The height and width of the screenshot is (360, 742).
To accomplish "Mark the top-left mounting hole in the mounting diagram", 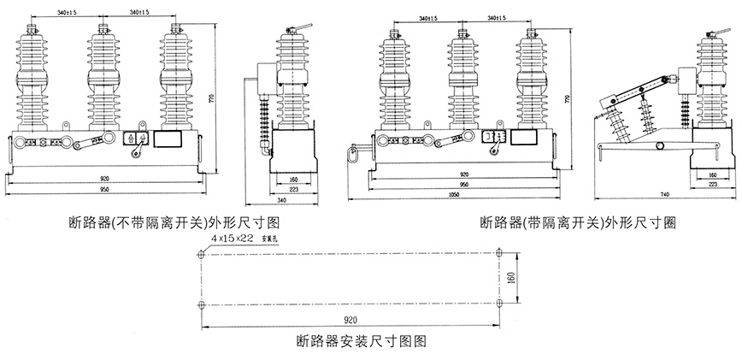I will (x=199, y=252).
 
